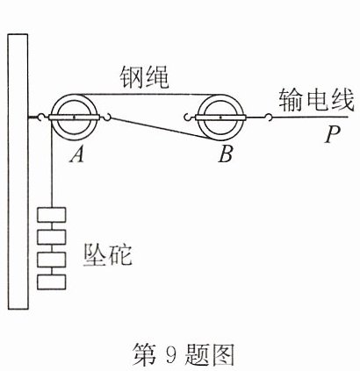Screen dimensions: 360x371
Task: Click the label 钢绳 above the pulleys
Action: pyautogui.click(x=145, y=77)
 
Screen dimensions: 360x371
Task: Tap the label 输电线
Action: pyautogui.click(x=316, y=101)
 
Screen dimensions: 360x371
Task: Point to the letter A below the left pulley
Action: pyautogui.click(x=77, y=153)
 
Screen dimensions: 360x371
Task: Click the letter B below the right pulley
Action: pyautogui.click(x=226, y=153)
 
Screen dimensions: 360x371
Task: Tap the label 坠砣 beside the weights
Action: pyautogui.click(x=108, y=255)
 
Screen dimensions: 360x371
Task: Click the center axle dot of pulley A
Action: pyautogui.click(x=74, y=118)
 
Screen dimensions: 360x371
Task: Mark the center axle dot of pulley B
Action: pyautogui.click(x=220, y=118)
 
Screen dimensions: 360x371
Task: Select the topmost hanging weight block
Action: pyautogui.click(x=52, y=215)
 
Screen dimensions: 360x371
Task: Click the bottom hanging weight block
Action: pyautogui.click(x=52, y=282)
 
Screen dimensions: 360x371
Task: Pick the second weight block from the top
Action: pyautogui.click(x=52, y=237)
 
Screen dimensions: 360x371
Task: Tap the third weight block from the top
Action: pyautogui.click(x=52, y=260)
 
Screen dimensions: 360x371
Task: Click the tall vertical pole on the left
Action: pyautogui.click(x=18, y=171)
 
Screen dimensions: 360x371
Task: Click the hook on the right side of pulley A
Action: pyautogui.click(x=107, y=118)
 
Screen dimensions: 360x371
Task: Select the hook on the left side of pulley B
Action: pyautogui.click(x=188, y=118)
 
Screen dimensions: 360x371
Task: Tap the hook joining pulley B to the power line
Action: pyautogui.click(x=269, y=118)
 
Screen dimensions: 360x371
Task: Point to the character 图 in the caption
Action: pyautogui.click(x=222, y=353)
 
